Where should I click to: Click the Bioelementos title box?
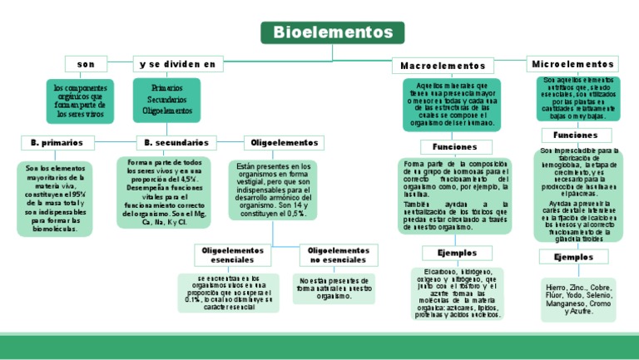(332, 32)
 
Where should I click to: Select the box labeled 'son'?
(86, 64)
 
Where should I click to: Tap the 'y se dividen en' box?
(177, 64)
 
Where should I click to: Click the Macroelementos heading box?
(442, 65)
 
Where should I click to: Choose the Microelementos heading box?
(572, 64)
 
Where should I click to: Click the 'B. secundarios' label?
(176, 143)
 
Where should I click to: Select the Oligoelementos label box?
(284, 143)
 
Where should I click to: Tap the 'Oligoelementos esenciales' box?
(233, 254)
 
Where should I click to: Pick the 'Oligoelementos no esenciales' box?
(338, 254)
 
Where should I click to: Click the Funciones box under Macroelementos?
(449, 146)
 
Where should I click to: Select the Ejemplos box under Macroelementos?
(450, 253)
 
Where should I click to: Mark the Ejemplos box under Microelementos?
(573, 257)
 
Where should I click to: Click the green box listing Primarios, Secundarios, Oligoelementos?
(166, 99)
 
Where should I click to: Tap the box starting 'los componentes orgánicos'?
(80, 100)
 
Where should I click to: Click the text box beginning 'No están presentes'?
(334, 288)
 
